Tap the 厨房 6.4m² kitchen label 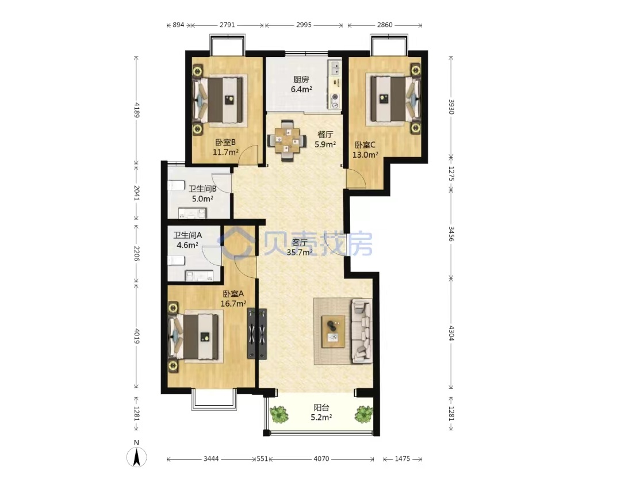(x=301, y=85)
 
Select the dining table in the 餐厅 (x=287, y=140)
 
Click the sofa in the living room (x=361, y=331)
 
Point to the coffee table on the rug (x=333, y=332)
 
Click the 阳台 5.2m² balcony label (x=321, y=412)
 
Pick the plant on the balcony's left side (x=279, y=414)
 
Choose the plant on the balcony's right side (x=363, y=414)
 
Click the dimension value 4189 (x=137, y=110)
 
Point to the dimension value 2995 (x=304, y=25)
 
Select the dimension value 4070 (x=321, y=458)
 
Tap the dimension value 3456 (x=451, y=234)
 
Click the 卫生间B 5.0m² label (x=202, y=194)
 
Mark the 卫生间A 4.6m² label (x=187, y=240)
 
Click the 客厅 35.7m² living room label (x=300, y=247)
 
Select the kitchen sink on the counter (x=335, y=67)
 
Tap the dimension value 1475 (x=402, y=458)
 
